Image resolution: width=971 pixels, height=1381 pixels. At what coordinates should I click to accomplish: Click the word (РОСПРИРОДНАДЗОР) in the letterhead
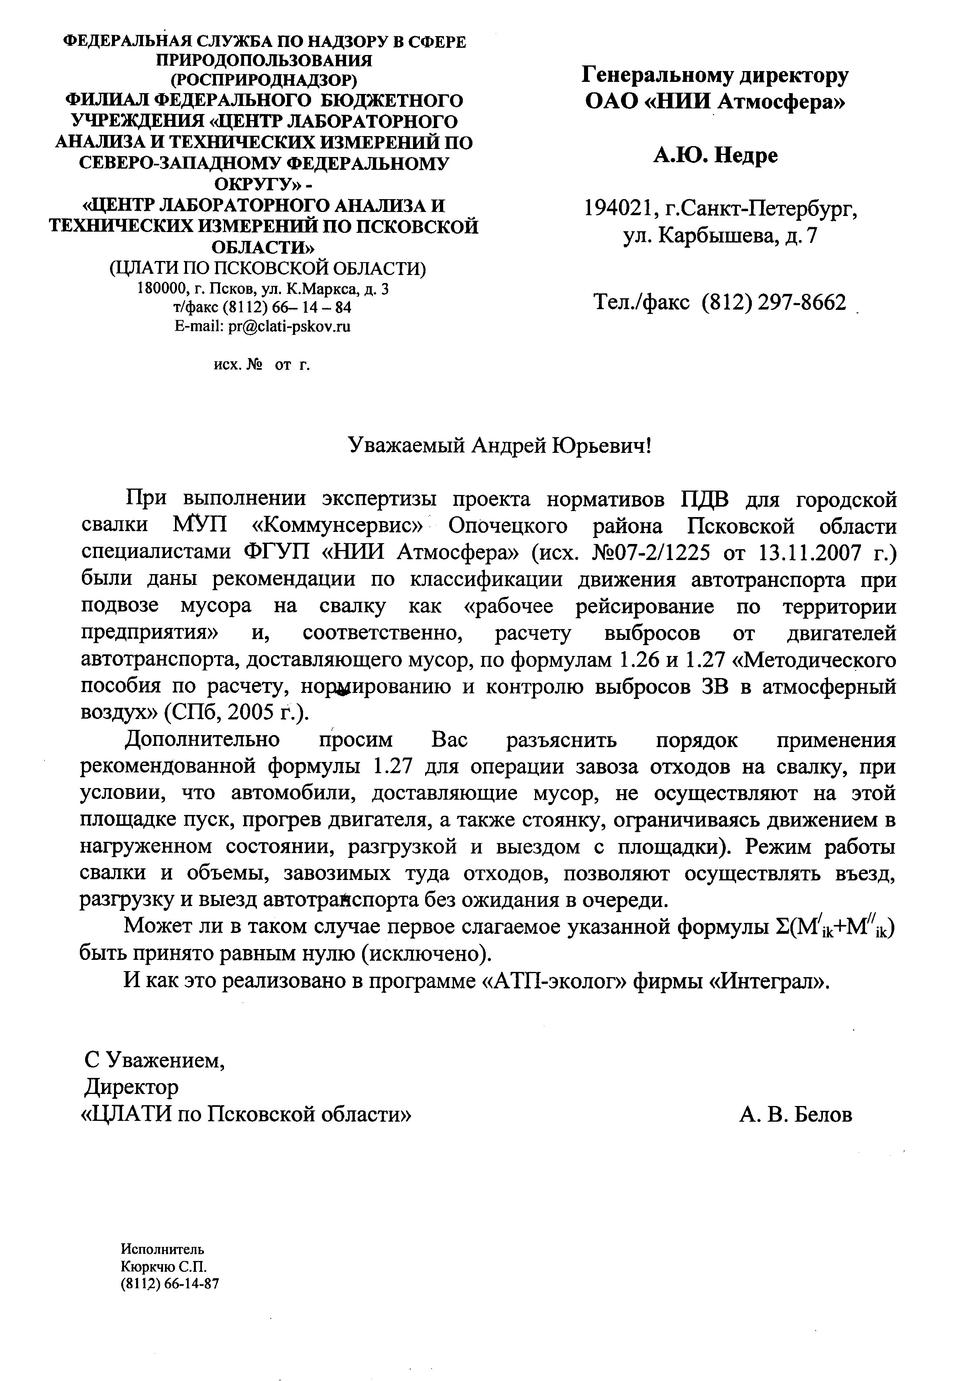(x=264, y=80)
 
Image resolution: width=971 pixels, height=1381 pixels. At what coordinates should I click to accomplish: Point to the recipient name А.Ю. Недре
(x=715, y=156)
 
